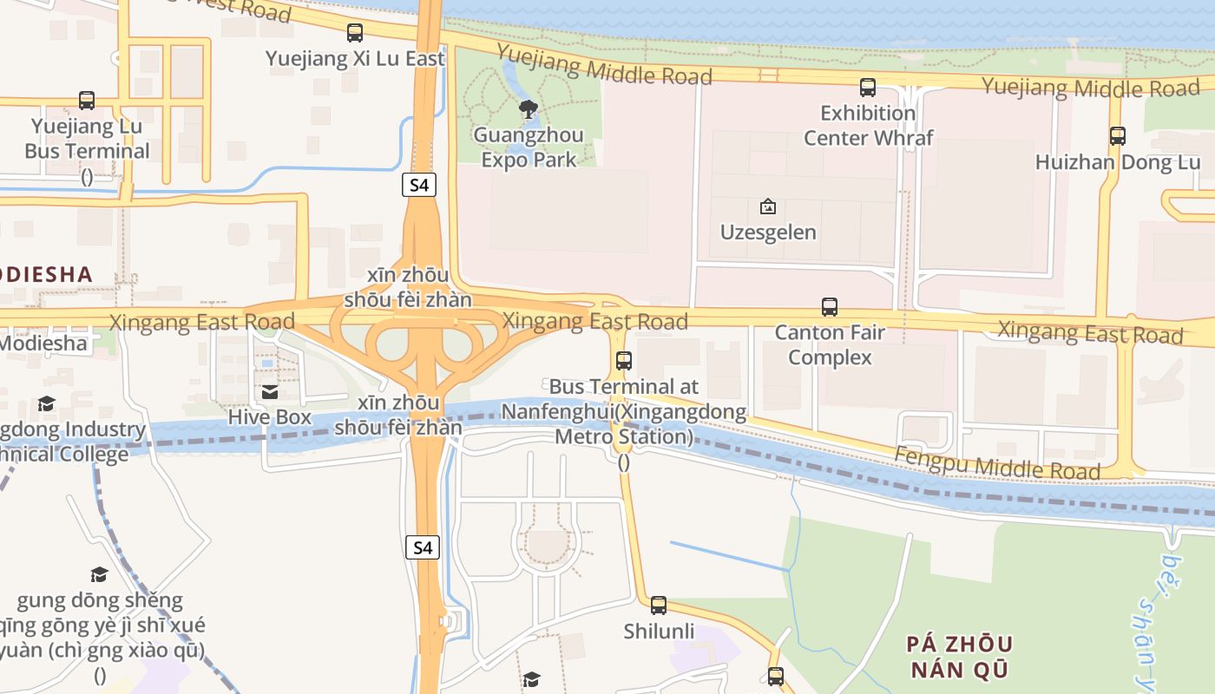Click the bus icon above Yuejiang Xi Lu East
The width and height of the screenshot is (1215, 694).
click(x=355, y=33)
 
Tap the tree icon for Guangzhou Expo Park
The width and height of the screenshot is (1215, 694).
click(x=528, y=108)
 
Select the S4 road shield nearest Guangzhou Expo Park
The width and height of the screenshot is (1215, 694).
click(x=419, y=184)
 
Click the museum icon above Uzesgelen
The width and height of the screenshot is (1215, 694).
click(x=767, y=206)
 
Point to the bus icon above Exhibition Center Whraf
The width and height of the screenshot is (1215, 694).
click(x=867, y=87)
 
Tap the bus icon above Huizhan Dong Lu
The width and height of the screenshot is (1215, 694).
click(x=1118, y=135)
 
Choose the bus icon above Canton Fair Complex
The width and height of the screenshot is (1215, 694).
click(x=830, y=306)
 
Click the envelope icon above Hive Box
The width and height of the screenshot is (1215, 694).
click(x=269, y=392)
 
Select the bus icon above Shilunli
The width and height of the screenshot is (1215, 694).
click(x=659, y=605)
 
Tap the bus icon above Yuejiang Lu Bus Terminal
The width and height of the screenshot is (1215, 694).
click(x=87, y=101)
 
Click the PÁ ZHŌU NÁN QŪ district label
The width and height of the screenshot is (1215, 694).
click(x=959, y=657)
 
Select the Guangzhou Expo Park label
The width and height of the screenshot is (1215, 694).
click(x=529, y=147)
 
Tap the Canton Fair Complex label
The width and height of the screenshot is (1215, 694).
click(x=830, y=344)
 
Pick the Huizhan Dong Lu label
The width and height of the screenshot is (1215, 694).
click(x=1118, y=162)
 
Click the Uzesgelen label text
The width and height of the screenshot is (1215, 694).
click(x=768, y=232)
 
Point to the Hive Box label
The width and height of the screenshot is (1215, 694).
click(x=269, y=416)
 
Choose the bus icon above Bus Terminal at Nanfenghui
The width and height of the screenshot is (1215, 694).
click(x=623, y=361)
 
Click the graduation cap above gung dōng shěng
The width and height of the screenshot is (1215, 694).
click(x=99, y=574)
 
